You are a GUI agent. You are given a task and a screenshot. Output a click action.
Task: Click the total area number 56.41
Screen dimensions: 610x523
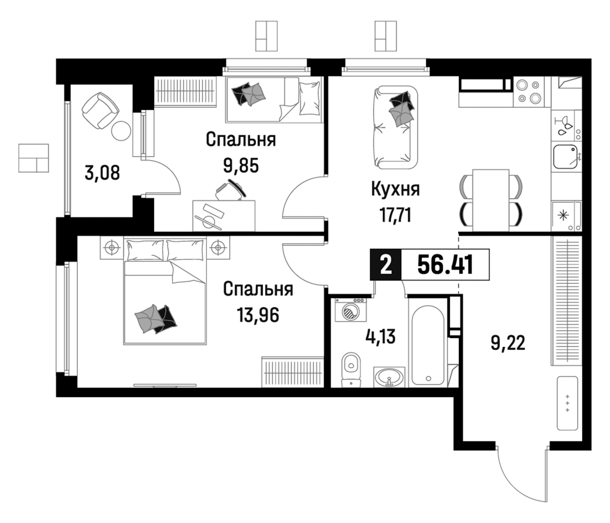pos(445,264)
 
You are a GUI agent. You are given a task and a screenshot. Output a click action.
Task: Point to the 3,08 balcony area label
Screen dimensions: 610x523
pos(102,173)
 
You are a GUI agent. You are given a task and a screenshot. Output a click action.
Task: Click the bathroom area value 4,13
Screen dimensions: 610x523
pos(380,336)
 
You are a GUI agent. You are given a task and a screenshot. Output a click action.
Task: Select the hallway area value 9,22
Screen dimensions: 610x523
pos(508,343)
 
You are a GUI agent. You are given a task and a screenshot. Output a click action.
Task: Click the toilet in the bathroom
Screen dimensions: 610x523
pos(351,369)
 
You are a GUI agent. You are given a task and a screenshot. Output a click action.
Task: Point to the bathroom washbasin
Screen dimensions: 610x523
pos(389,377)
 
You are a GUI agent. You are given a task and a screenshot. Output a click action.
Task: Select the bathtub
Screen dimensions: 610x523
pos(428,345)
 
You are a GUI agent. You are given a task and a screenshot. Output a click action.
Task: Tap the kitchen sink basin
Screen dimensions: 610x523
pos(565,156)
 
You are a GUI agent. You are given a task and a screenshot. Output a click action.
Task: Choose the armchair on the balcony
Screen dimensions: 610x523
pos(101,110)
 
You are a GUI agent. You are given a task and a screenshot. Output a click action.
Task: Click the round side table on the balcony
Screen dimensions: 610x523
pos(121,131)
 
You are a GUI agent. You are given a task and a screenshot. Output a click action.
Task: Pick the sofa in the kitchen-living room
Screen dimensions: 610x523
pos(395,127)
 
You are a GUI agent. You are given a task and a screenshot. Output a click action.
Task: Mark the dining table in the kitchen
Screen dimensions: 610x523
pos(491,200)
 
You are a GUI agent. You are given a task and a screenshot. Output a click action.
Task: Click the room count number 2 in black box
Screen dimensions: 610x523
pos(386,264)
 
